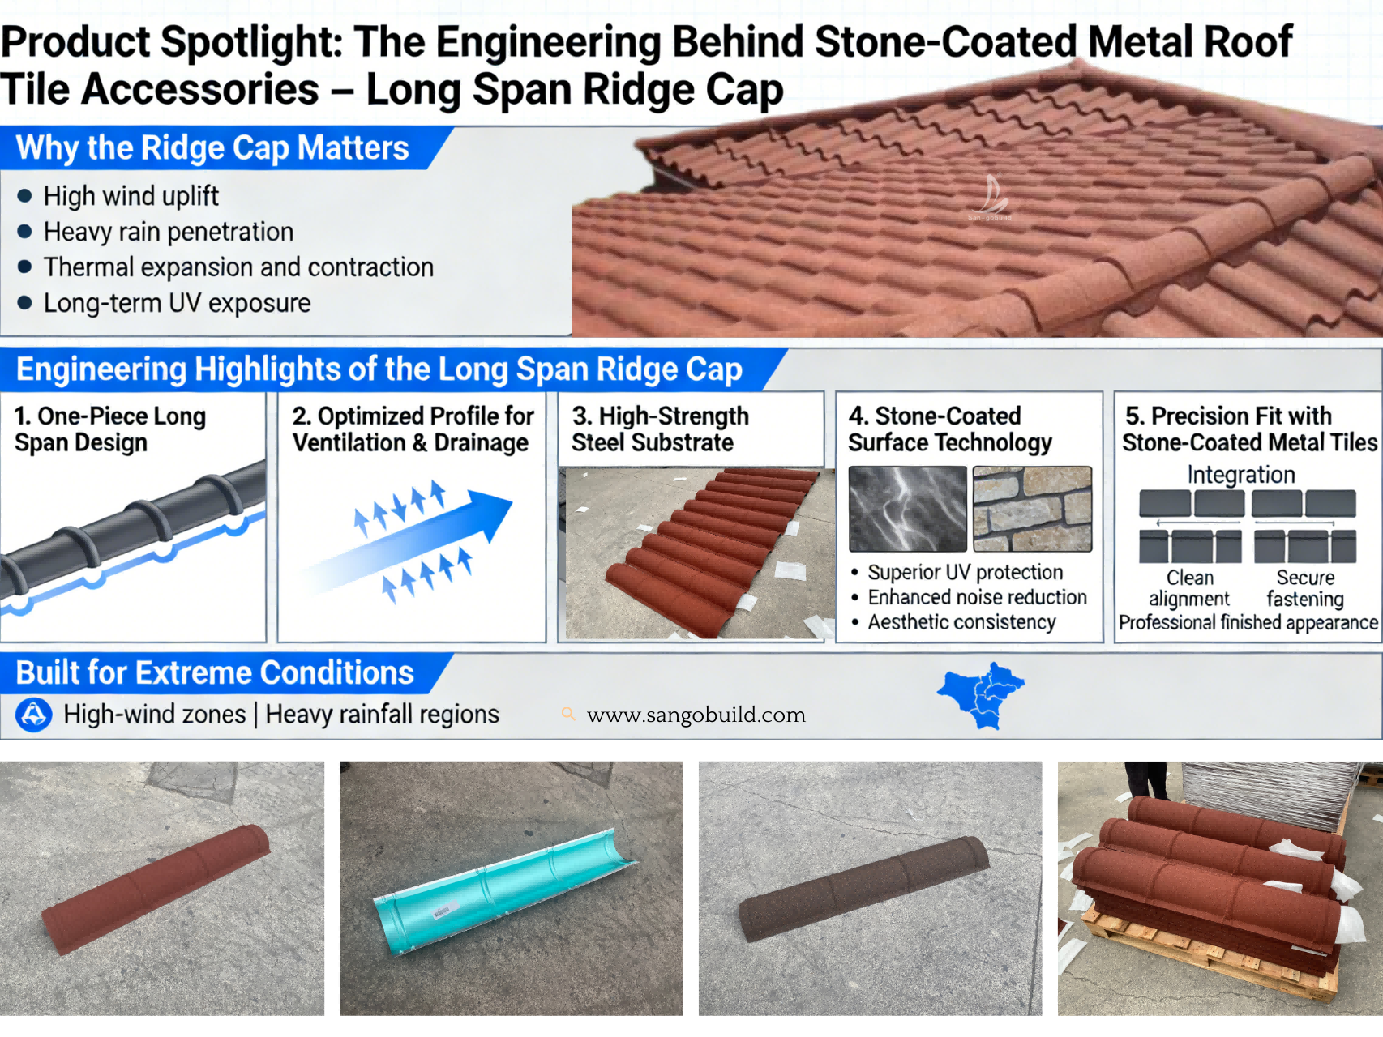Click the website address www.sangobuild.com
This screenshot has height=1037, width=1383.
click(696, 715)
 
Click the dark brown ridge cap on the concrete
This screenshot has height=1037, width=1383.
click(864, 889)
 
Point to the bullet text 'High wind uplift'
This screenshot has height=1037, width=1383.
click(131, 196)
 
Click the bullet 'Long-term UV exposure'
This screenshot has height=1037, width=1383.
click(177, 303)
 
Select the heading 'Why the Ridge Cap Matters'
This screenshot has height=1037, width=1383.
click(212, 148)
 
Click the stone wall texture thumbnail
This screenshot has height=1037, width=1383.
click(1032, 509)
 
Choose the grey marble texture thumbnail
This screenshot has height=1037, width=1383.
click(907, 509)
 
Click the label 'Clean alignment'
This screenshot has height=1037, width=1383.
click(1189, 588)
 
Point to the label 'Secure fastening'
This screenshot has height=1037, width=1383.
click(1305, 588)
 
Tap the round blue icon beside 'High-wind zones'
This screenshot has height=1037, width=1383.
click(34, 715)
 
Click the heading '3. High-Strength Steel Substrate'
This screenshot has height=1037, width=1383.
click(660, 429)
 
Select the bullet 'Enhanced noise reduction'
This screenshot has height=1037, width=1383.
click(977, 597)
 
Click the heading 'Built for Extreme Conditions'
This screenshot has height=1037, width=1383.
click(215, 673)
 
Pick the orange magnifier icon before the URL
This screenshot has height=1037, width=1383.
click(568, 714)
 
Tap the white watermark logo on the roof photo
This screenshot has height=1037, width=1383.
click(991, 197)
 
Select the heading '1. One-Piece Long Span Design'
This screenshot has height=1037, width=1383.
click(109, 429)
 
